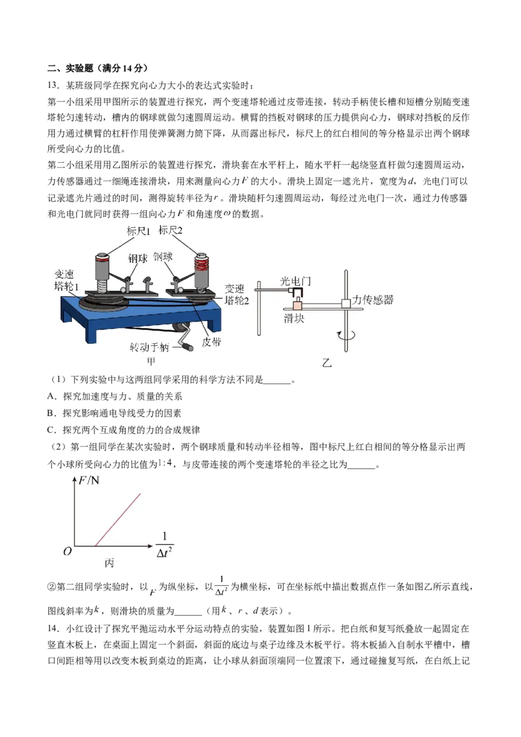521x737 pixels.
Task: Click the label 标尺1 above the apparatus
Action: (138, 230)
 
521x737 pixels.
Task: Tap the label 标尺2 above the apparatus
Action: (170, 230)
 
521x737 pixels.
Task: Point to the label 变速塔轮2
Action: (236, 294)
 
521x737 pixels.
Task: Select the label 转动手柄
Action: (149, 347)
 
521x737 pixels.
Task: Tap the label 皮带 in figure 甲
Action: (211, 342)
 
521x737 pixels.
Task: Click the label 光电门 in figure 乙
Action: (295, 281)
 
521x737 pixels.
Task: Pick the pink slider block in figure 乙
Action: (298, 305)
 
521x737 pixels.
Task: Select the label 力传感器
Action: (373, 299)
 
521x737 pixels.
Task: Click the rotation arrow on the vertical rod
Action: (346, 335)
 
